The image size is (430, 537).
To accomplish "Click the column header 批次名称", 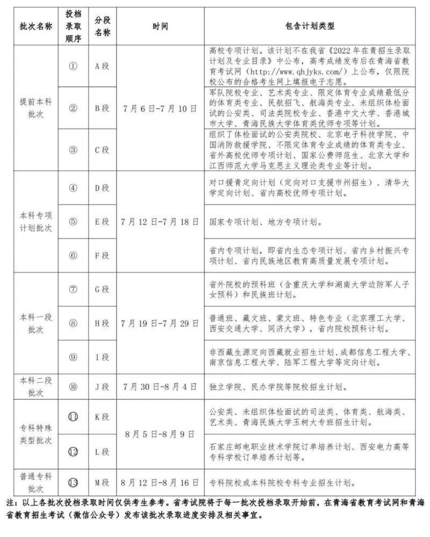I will (x=35, y=26).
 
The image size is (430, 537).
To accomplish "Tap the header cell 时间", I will (x=160, y=26).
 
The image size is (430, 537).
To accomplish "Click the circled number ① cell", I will (x=74, y=66).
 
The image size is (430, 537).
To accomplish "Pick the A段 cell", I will (x=102, y=66).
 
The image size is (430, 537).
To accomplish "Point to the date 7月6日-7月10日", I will (x=160, y=108).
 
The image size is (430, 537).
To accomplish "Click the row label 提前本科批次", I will (x=35, y=108).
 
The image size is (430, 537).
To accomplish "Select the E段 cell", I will (x=102, y=221).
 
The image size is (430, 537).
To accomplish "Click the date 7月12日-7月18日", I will (x=160, y=221).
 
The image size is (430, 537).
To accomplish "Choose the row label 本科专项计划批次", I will (x=35, y=221).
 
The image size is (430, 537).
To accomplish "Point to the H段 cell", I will (x=102, y=323).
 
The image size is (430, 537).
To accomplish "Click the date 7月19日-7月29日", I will (x=160, y=323).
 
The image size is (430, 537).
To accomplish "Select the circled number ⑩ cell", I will (x=74, y=386).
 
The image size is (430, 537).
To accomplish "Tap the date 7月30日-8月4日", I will (x=160, y=386).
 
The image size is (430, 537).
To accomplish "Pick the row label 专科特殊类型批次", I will (x=35, y=434).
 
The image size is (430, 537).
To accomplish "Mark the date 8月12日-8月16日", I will (x=160, y=483).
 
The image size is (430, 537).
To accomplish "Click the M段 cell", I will (x=102, y=483).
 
